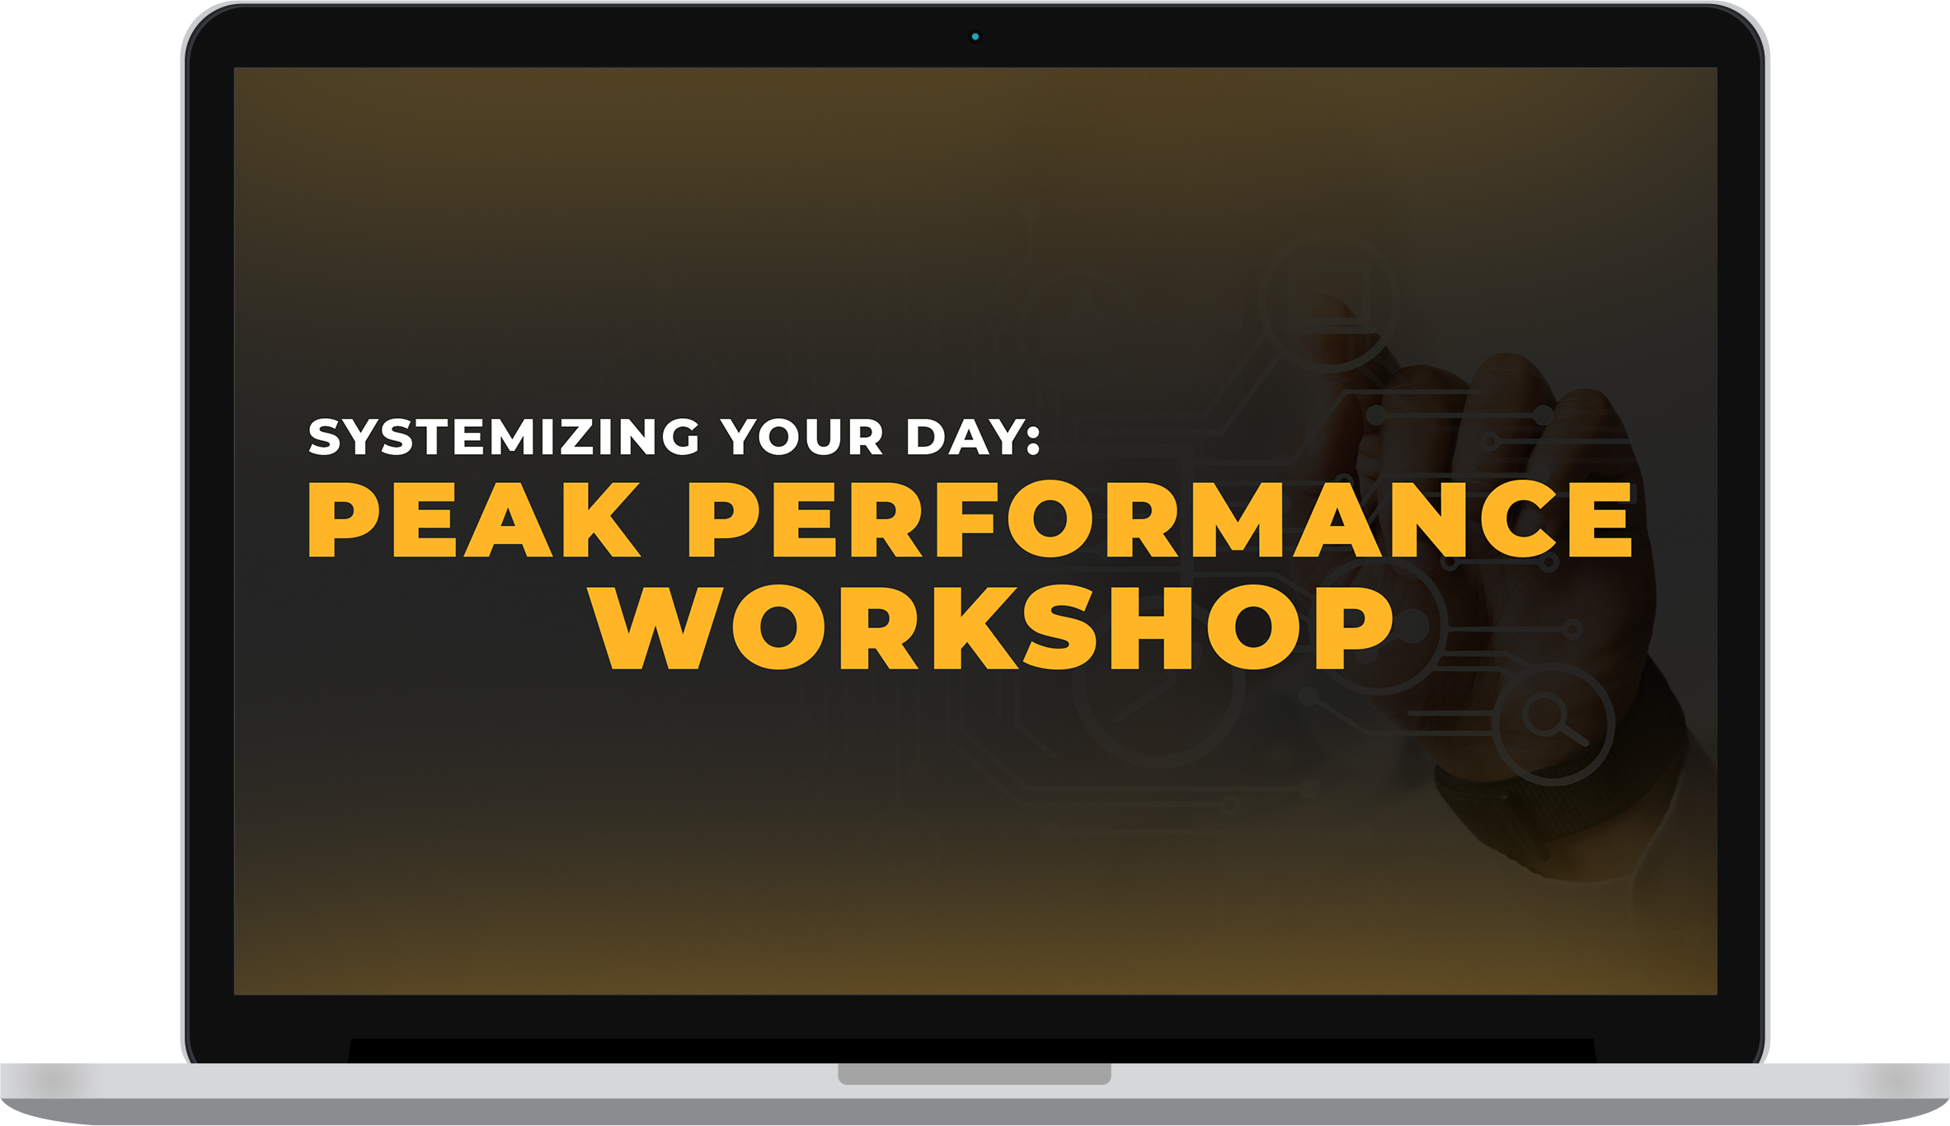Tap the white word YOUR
(802, 436)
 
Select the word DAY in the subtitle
(961, 436)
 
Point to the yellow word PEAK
(474, 519)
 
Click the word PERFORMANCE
(1160, 519)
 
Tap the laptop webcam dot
(975, 36)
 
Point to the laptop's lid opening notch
(975, 1073)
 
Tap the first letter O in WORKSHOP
(778, 627)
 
